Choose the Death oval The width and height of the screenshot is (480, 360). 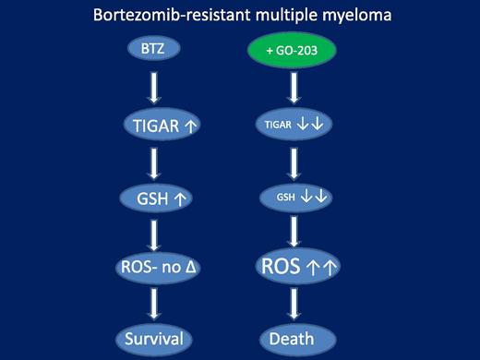pos(292,339)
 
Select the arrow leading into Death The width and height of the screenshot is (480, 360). pos(294,303)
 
